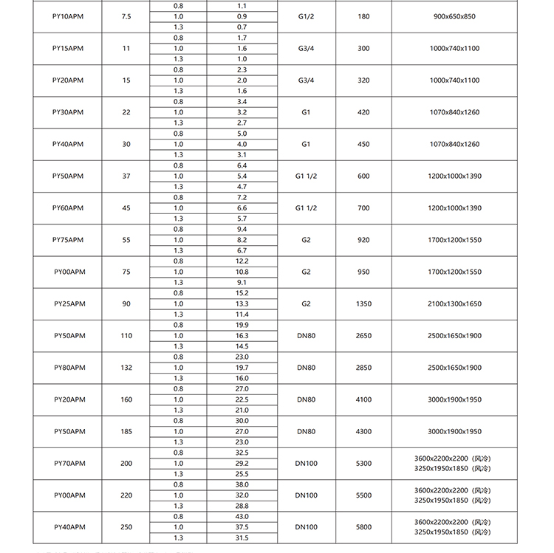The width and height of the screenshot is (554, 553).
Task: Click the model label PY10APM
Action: [x=68, y=16]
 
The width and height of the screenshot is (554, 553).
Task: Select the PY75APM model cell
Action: [x=68, y=240]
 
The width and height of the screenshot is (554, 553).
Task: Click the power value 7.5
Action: [x=126, y=16]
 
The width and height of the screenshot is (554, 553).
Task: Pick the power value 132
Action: [x=126, y=368]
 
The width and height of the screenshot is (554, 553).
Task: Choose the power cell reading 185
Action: [x=126, y=431]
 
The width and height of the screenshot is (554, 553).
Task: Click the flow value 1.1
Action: [x=242, y=5]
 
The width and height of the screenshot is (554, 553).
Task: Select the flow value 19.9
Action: [x=242, y=325]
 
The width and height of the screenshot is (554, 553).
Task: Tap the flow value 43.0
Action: [x=242, y=516]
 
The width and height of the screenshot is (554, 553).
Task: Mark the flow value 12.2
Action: [x=242, y=261]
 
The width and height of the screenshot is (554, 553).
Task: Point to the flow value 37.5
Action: [x=242, y=527]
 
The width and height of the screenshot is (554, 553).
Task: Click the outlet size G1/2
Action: [x=306, y=16]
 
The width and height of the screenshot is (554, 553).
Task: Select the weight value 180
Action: [x=363, y=16]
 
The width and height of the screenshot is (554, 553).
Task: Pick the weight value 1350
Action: [x=363, y=303]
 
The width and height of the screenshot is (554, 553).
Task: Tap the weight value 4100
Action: [x=363, y=399]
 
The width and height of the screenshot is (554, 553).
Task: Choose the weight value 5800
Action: [x=363, y=527]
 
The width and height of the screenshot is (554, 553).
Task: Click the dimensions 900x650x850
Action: [x=454, y=16]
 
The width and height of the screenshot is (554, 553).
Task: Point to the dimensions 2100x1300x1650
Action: [x=454, y=303]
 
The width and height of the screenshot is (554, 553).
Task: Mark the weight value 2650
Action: [x=363, y=336]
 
